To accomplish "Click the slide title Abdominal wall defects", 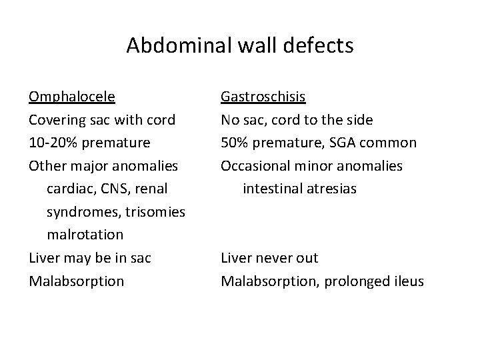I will (x=240, y=45).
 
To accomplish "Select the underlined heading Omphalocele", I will (x=71, y=97).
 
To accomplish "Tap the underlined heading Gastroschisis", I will (x=263, y=97).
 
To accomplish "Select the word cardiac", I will (x=69, y=189).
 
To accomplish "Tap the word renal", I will (x=151, y=189).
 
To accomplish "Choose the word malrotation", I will (x=85, y=235).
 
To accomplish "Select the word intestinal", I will (x=271, y=189).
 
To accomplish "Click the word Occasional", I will (x=257, y=166).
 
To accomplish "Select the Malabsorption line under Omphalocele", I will (x=76, y=281).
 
